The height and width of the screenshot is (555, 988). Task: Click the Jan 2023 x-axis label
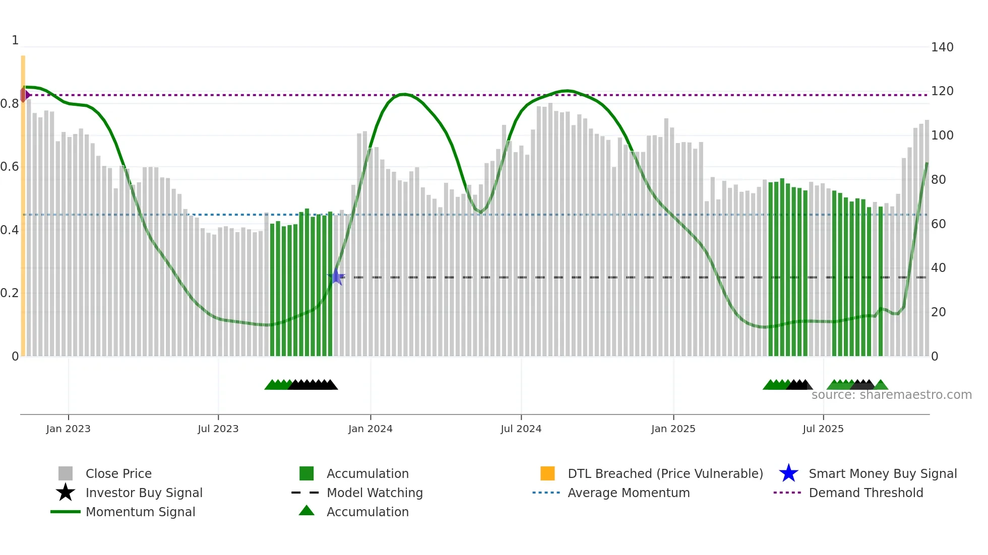[x=68, y=429]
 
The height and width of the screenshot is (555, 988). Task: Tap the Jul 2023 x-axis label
[x=218, y=429]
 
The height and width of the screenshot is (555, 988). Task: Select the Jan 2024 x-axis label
[x=370, y=429]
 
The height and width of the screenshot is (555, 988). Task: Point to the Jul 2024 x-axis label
[x=521, y=429]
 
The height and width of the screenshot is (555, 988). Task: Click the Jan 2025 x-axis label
[x=673, y=429]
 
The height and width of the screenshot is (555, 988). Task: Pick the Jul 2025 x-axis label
[x=823, y=429]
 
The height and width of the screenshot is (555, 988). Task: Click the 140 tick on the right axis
[x=942, y=47]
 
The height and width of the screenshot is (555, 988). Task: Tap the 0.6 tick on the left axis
[x=10, y=167]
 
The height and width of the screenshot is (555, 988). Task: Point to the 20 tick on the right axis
[x=938, y=312]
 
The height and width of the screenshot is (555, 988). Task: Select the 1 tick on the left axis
[x=15, y=40]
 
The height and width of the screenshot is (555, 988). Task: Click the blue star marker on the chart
[x=336, y=277]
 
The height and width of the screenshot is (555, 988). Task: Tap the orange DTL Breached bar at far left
[x=23, y=201]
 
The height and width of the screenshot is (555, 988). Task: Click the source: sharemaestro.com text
[x=891, y=395]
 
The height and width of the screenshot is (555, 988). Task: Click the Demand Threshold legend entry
[x=866, y=493]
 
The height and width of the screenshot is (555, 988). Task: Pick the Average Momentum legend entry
[x=628, y=493]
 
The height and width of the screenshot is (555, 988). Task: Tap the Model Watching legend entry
[x=374, y=493]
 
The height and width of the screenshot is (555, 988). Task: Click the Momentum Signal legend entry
[x=140, y=512]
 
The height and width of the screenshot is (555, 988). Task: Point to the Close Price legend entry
[x=118, y=474]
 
